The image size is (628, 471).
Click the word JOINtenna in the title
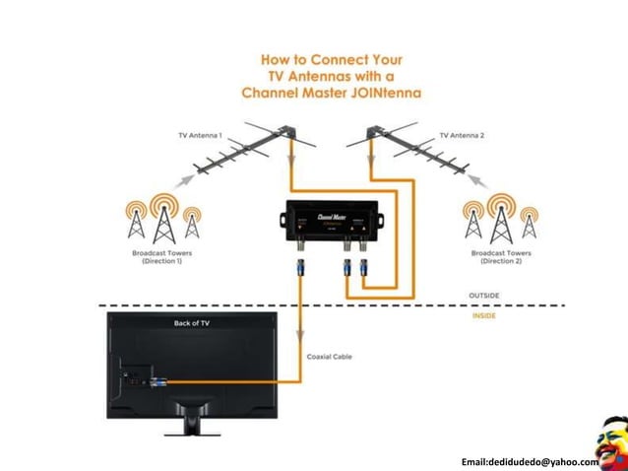pos(382,95)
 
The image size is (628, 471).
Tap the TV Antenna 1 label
pos(201,134)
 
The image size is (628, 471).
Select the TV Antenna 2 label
pos(462,134)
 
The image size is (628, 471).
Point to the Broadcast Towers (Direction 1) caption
pos(161,257)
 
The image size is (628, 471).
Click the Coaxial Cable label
pos(329,357)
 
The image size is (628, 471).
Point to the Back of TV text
pos(192,322)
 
